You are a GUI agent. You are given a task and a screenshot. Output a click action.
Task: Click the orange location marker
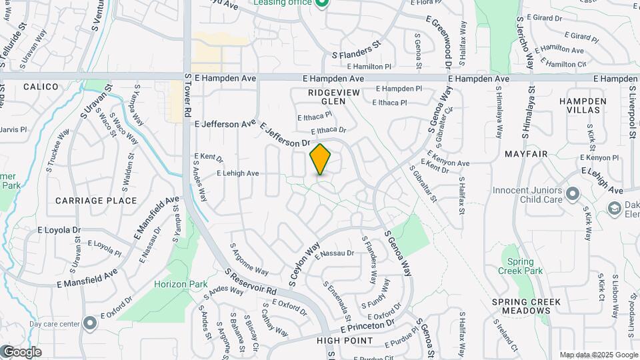click(x=321, y=159)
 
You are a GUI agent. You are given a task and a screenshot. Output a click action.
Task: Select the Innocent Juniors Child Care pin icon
click(x=572, y=195)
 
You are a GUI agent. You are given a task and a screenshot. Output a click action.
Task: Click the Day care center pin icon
click(x=91, y=324)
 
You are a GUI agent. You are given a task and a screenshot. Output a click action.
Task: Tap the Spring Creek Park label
click(x=525, y=266)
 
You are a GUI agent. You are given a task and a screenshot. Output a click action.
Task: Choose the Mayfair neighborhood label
click(x=526, y=154)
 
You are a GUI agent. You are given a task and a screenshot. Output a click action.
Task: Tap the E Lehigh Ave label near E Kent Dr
click(x=237, y=173)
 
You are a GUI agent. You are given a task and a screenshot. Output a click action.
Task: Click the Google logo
click(x=21, y=352)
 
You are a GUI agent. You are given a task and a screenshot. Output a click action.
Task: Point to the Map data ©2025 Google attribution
click(x=598, y=355)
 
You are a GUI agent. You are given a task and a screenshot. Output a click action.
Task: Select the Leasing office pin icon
click(x=322, y=4)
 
